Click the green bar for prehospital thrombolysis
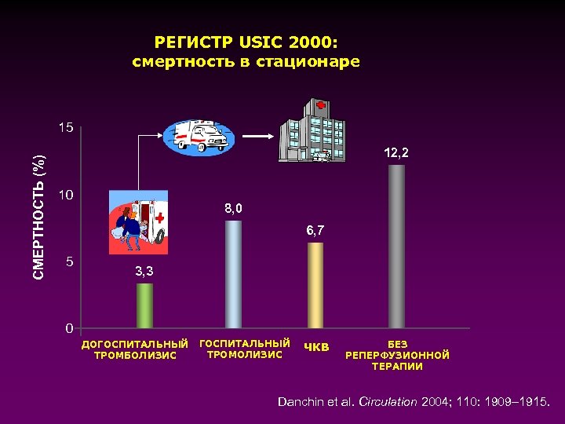tap(144, 305)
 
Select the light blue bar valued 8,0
tap(233, 274)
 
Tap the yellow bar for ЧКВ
tap(315, 285)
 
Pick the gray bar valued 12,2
tap(397, 247)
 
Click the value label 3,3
tap(144, 272)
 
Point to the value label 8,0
tap(234, 209)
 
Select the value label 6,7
tap(315, 231)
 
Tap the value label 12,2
tap(396, 153)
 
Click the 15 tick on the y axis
tap(68, 128)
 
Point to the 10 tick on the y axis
tap(68, 194)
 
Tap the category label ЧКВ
tap(317, 347)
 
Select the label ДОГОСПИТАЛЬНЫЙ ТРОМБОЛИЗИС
tap(136, 349)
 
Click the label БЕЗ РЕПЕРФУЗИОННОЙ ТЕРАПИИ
tap(397, 355)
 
